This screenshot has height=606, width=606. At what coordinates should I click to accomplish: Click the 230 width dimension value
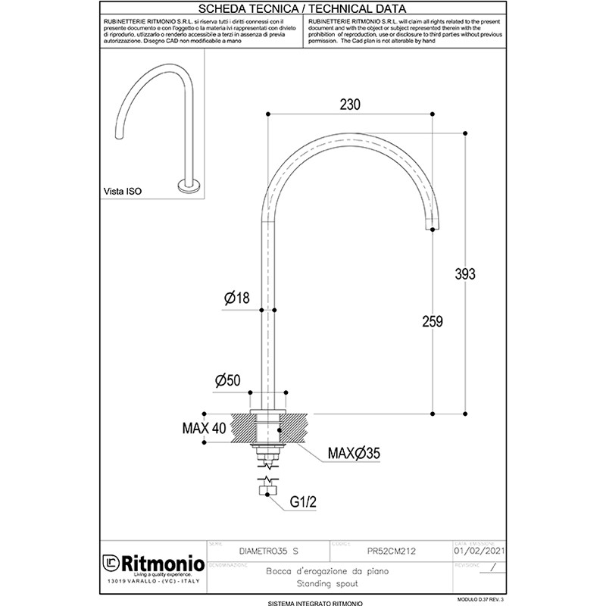[x=349, y=105]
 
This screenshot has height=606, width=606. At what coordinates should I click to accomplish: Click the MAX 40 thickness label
[x=205, y=428]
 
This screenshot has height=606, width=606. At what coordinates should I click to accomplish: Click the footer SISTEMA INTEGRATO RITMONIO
[x=302, y=602]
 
